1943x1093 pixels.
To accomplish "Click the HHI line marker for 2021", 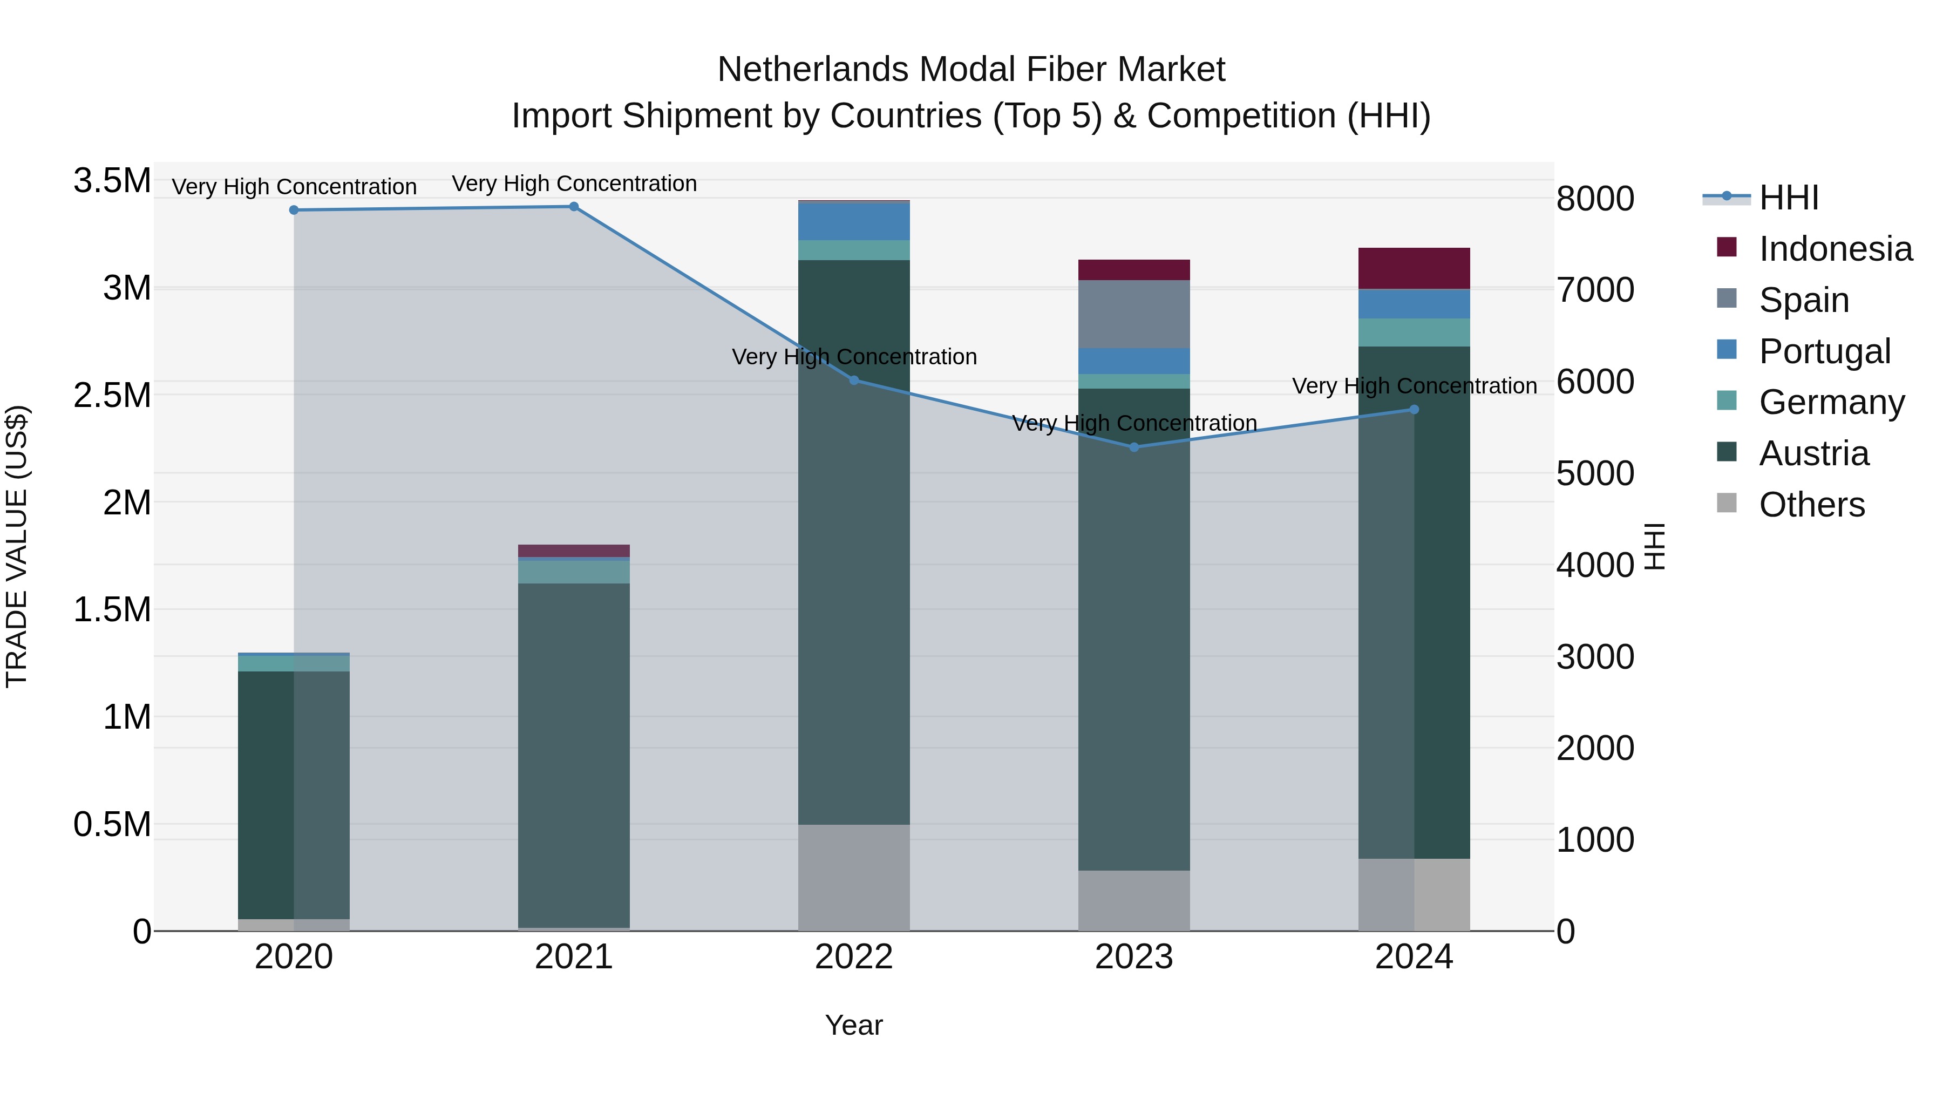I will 573,207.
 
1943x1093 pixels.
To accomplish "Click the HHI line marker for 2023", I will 1133,447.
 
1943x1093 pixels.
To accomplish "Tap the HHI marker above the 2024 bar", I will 1414,410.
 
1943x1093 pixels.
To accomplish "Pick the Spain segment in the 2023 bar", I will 1133,314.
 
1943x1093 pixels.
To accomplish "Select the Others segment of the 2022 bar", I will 854,877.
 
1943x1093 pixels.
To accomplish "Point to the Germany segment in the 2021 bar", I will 573,572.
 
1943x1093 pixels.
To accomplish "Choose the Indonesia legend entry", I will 1835,249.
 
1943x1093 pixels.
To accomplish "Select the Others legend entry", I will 1811,505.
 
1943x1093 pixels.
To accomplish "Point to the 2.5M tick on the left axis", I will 112,395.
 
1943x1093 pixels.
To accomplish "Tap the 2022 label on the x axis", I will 854,957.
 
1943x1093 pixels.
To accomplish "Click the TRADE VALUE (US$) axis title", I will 17,546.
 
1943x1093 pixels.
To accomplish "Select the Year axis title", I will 854,1025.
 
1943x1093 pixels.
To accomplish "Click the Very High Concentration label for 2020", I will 294,186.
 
